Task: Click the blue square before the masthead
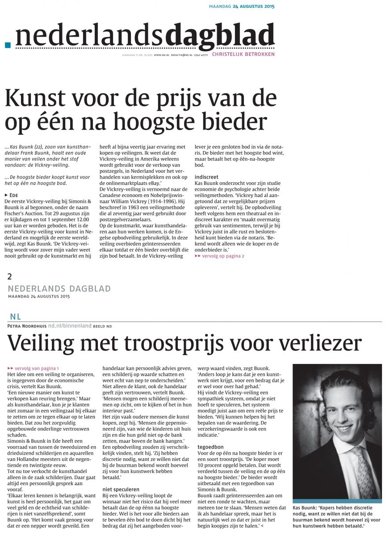tap(7, 45)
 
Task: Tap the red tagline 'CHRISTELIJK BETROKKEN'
tap(243, 54)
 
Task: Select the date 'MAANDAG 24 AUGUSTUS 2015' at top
tap(242, 7)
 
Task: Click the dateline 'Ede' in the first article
tap(13, 195)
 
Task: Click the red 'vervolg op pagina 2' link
tap(222, 256)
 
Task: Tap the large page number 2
tap(10, 277)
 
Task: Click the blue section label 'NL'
tap(15, 317)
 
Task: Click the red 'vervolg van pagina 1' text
tap(35, 368)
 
